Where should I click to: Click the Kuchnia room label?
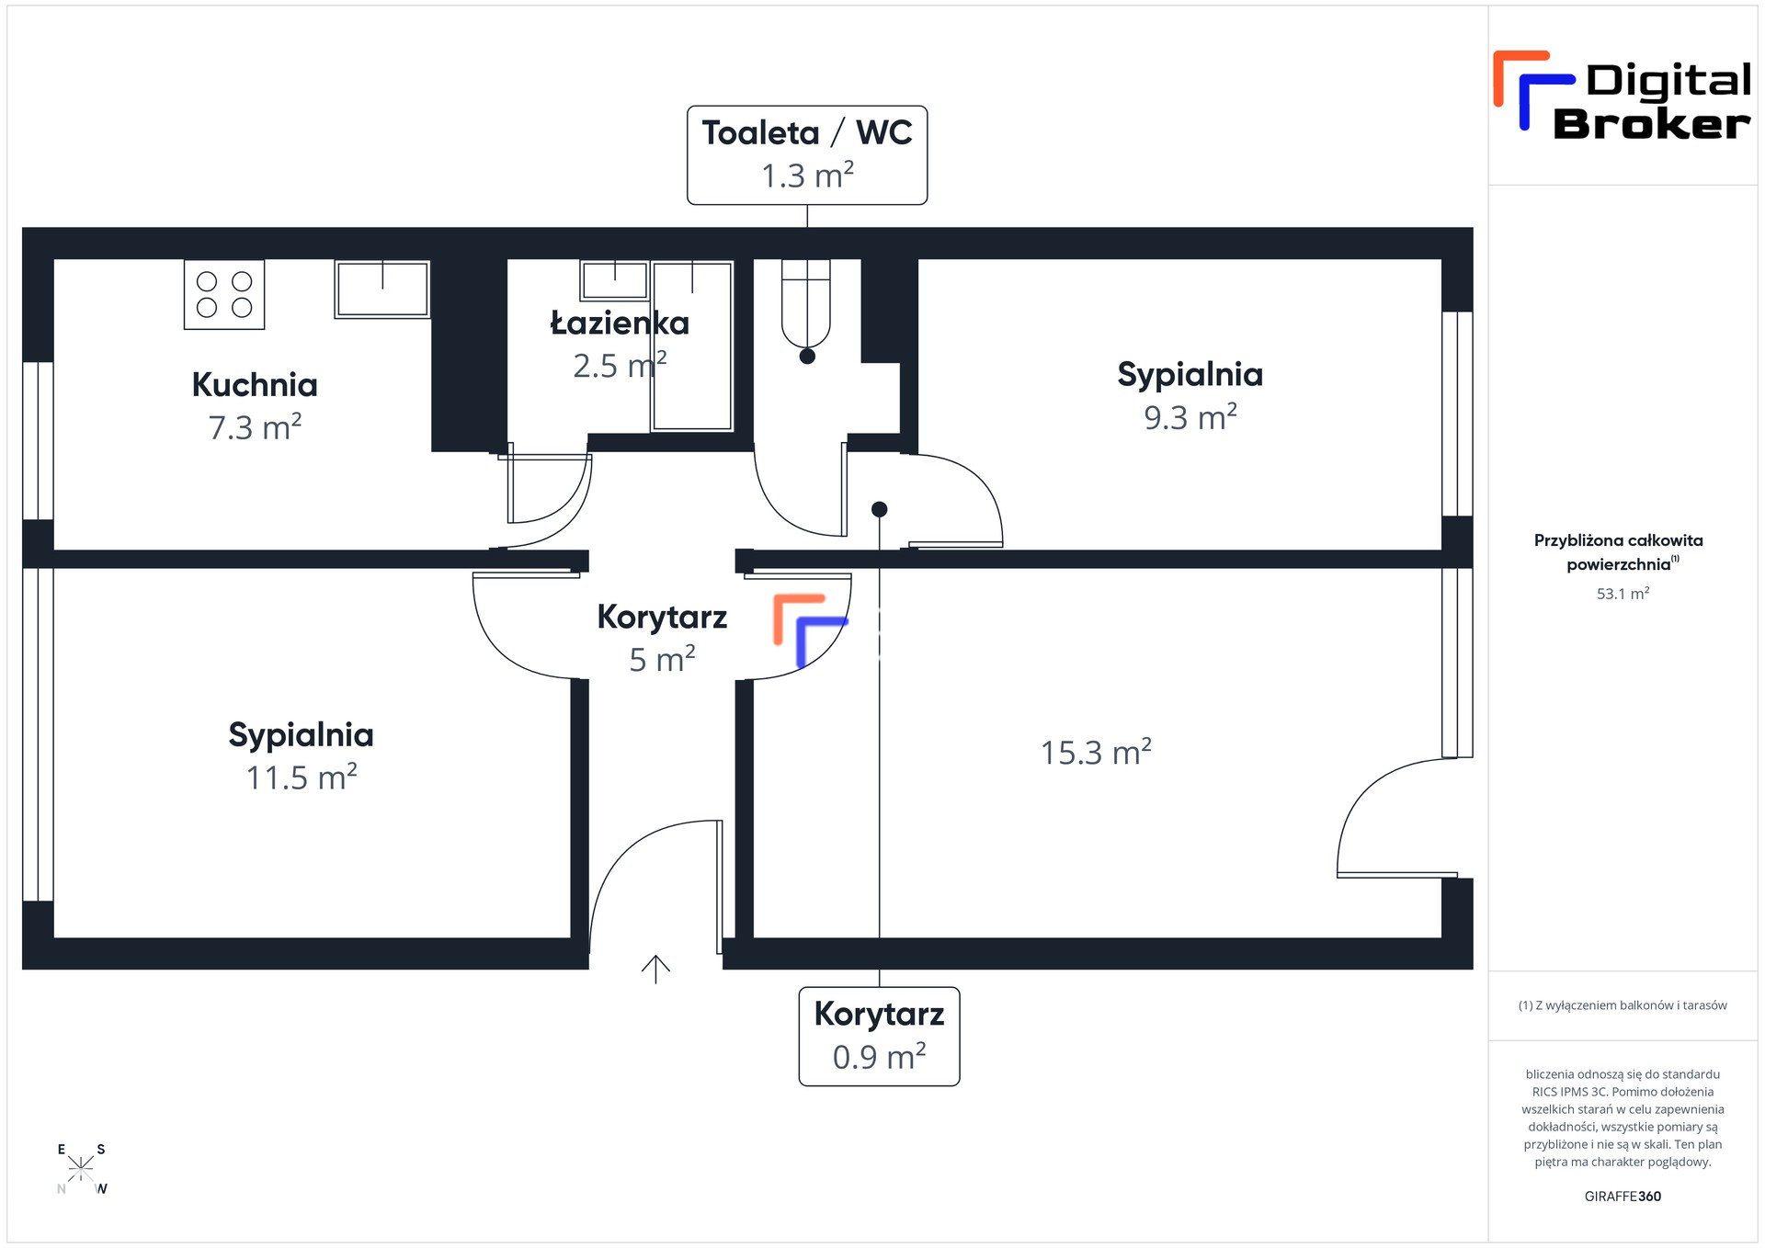point(255,384)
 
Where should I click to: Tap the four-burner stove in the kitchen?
point(224,294)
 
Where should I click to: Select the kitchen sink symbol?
point(381,289)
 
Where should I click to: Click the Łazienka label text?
point(620,323)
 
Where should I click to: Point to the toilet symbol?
point(805,303)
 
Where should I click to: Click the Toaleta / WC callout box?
point(807,154)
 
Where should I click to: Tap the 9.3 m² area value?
point(1190,417)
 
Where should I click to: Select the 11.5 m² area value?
point(302,777)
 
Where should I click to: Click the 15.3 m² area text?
point(1096,753)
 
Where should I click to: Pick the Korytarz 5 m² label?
point(662,637)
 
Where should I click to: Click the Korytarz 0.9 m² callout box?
point(879,1036)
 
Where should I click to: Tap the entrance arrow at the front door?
point(655,969)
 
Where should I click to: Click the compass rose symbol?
point(81,1168)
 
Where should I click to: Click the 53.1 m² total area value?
point(1623,594)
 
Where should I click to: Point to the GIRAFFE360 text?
point(1623,1197)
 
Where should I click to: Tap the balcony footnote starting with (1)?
point(1623,1005)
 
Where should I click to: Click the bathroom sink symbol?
point(614,279)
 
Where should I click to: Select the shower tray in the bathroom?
point(692,346)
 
